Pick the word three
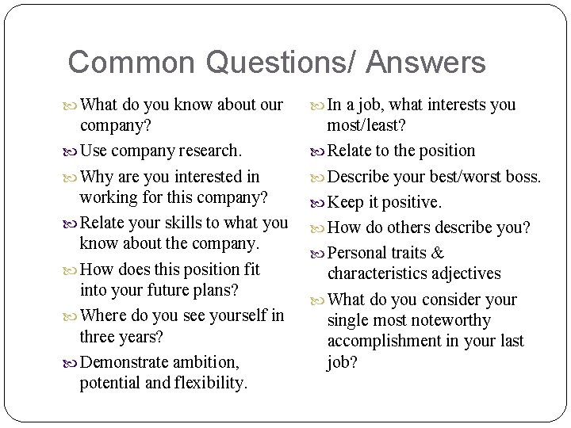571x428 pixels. pos(99,336)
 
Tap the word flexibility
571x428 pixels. pos(207,384)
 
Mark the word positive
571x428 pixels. pos(412,202)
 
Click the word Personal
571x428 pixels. pos(357,254)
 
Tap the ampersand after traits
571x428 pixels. pos(437,254)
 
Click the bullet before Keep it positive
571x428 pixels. pos(320,203)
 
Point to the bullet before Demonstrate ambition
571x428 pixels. pos(73,363)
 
